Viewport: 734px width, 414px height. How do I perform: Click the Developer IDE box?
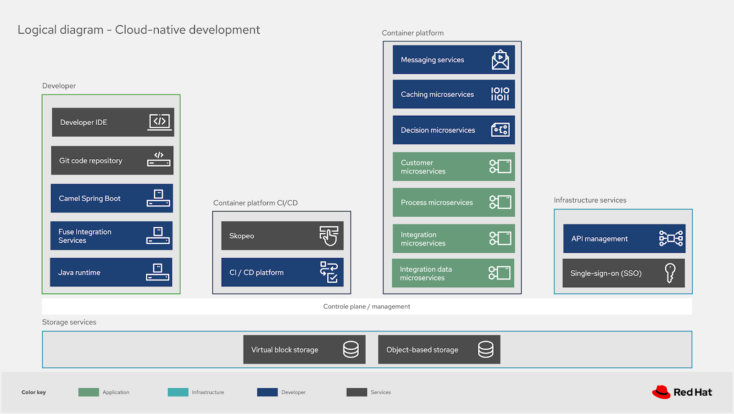coord(113,122)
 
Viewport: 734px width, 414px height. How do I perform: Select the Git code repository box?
coord(112,160)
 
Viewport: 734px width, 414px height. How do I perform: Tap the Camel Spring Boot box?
coord(111,198)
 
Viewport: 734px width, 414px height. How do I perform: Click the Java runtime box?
coord(111,272)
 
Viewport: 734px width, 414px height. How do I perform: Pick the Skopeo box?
coord(282,235)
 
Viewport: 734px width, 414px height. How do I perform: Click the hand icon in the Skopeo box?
coord(329,236)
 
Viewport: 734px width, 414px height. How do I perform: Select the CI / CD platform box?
coord(282,272)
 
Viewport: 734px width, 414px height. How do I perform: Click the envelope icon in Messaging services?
coord(500,60)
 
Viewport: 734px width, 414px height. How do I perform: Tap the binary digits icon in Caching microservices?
coord(500,94)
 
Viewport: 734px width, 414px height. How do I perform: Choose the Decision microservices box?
coord(453,130)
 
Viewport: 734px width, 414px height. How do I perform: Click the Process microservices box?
coord(453,202)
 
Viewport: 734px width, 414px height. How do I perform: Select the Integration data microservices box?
coord(452,273)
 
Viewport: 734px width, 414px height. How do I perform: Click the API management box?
coord(624,238)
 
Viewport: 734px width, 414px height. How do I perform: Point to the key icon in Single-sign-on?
coord(670,273)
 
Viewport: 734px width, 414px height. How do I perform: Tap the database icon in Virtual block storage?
coord(351,349)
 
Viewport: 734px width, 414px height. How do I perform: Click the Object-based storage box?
coord(439,349)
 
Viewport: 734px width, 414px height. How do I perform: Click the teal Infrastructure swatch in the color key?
coord(178,392)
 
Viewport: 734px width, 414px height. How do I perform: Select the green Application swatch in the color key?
coord(89,392)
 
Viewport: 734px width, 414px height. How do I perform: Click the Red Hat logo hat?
coord(661,392)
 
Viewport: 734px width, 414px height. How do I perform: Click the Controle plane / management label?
coord(367,307)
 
